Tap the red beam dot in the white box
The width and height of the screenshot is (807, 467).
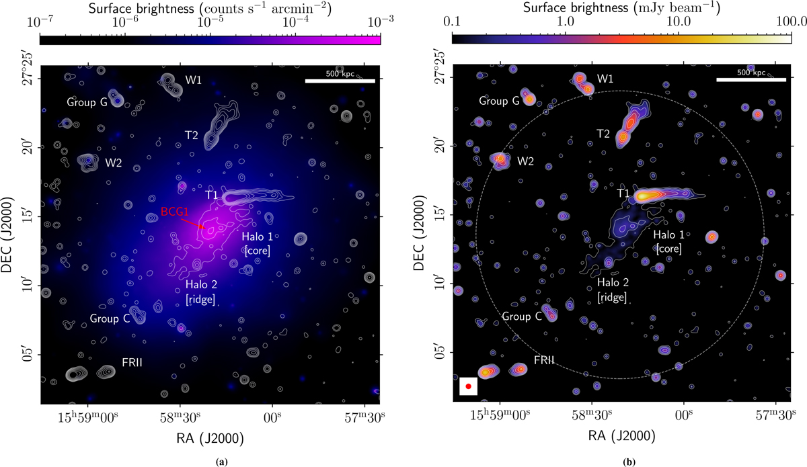click(468, 386)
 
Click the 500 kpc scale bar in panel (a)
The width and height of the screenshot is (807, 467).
click(340, 81)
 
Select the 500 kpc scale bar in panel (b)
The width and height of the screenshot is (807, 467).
click(751, 79)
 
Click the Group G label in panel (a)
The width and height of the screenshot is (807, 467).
click(87, 103)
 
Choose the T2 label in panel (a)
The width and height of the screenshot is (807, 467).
click(192, 135)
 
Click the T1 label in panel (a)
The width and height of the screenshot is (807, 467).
click(212, 195)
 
